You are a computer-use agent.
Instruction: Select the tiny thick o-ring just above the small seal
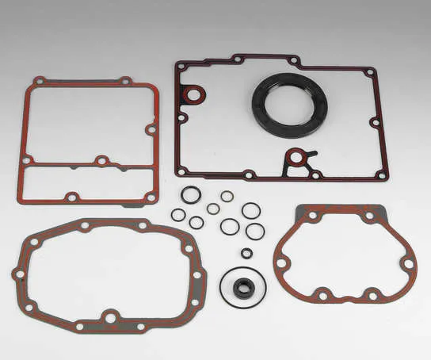[246, 253]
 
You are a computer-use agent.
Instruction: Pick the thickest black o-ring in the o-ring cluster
[190, 194]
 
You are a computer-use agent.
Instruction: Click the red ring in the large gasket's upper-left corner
[193, 95]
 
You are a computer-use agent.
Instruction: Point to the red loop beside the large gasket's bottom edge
[296, 157]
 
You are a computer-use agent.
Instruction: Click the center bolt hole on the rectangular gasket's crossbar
[101, 161]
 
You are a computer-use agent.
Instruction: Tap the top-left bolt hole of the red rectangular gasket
[40, 81]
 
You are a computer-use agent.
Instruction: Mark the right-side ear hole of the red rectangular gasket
[151, 128]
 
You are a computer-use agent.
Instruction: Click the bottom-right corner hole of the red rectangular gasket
[150, 197]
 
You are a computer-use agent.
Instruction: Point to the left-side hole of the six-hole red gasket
[283, 262]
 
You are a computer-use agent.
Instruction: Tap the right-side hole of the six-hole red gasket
[407, 262]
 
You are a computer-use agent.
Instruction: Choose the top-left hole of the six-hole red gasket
[312, 215]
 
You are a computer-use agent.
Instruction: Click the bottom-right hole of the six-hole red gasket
[372, 296]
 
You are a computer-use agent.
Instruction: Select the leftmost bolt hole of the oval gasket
[20, 274]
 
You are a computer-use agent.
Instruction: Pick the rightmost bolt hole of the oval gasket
[197, 275]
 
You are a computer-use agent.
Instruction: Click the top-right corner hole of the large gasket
[369, 73]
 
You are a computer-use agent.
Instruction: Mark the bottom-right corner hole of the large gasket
[381, 175]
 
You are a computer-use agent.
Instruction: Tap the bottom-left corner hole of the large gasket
[182, 171]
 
